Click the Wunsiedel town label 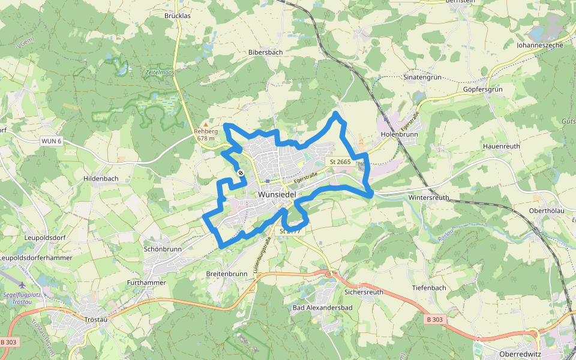tap(278, 195)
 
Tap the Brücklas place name tap(177, 16)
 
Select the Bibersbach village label tap(265, 52)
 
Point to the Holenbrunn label tap(400, 134)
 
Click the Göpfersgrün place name tap(482, 89)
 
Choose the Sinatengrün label tap(422, 77)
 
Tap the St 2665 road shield tap(340, 162)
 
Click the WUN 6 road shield tap(52, 141)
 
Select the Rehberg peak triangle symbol tap(206, 125)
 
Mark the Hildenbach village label tap(101, 179)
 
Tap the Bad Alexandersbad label tap(322, 308)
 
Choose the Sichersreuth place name tap(364, 292)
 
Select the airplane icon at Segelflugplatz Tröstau tap(23, 285)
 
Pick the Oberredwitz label tap(520, 354)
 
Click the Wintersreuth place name tap(428, 197)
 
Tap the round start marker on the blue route tap(241, 173)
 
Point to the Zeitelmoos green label tap(160, 72)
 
